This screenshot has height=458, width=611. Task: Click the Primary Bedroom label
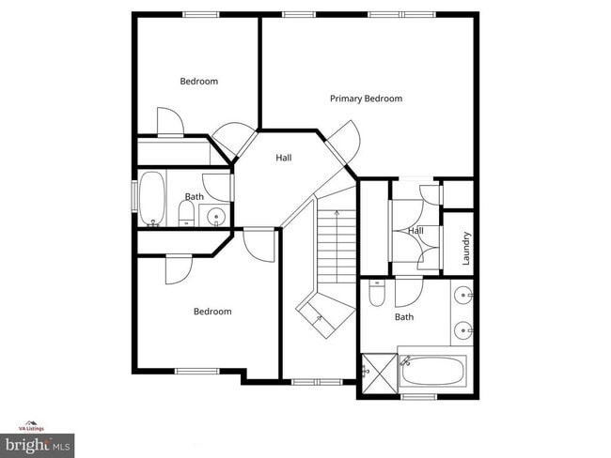pyautogui.click(x=366, y=99)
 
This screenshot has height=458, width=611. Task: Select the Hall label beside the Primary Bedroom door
pyautogui.click(x=283, y=158)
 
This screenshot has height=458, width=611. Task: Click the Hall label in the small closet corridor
pyautogui.click(x=415, y=231)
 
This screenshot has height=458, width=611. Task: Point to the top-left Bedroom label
pyautogui.click(x=198, y=82)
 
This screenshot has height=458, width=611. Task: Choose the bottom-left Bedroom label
pyautogui.click(x=211, y=312)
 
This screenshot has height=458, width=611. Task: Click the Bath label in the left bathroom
pyautogui.click(x=194, y=197)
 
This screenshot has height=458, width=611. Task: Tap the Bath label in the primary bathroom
pyautogui.click(x=403, y=317)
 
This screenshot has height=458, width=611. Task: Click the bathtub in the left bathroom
pyautogui.click(x=151, y=198)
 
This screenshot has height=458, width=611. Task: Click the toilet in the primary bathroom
pyautogui.click(x=377, y=296)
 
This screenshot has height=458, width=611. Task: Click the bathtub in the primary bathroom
pyautogui.click(x=433, y=372)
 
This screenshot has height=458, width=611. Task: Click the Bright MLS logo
pyautogui.click(x=38, y=443)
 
